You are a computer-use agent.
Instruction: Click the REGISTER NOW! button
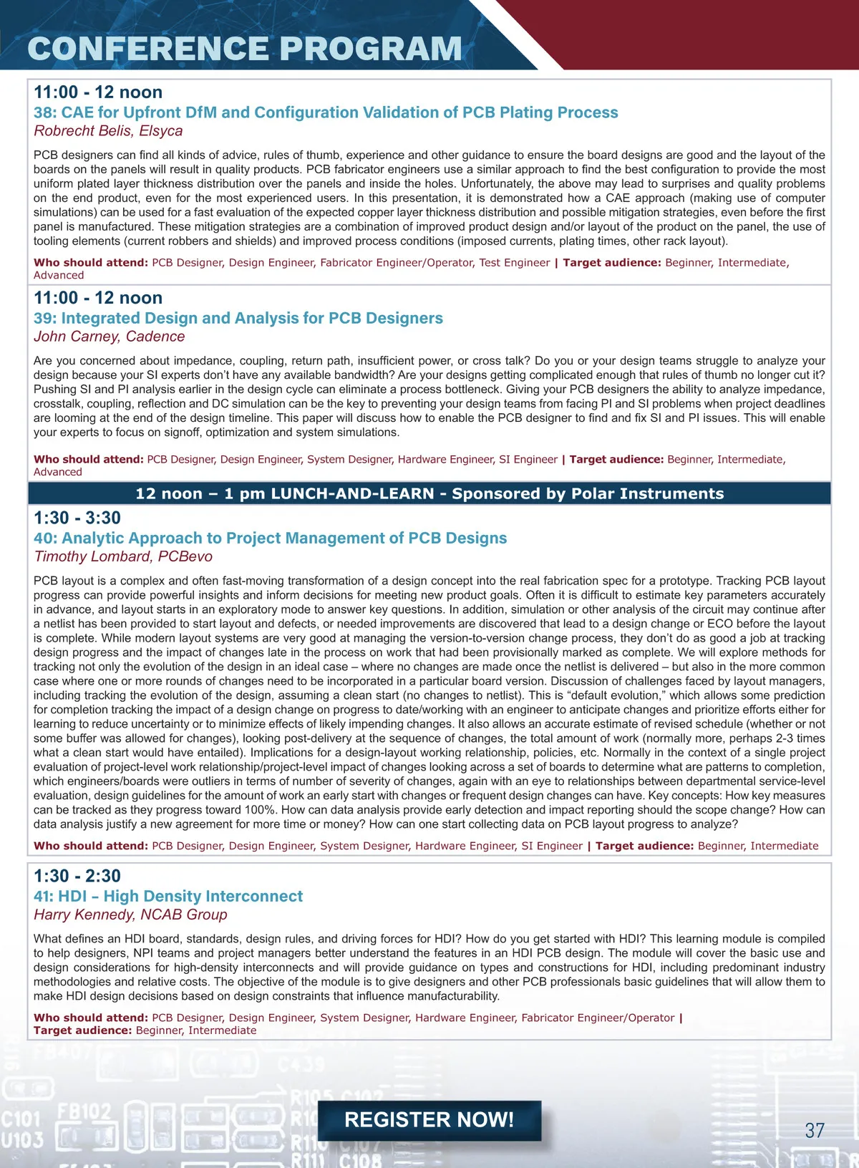coord(429,1120)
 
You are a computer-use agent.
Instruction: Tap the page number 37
coord(815,1130)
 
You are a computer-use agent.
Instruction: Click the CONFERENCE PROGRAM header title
coord(244,49)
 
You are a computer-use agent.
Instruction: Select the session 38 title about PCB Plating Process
coord(326,112)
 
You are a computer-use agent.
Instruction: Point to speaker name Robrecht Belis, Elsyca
coord(108,131)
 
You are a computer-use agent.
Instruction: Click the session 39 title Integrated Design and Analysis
coord(238,318)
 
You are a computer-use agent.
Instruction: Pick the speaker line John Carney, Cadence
coord(109,337)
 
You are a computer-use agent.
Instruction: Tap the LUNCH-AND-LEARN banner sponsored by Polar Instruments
coord(429,493)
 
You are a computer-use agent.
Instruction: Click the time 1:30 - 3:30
coord(77,518)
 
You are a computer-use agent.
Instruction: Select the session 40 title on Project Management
coord(270,538)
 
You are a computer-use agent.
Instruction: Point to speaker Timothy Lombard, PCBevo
coord(123,556)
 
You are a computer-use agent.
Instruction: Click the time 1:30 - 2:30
coord(77,876)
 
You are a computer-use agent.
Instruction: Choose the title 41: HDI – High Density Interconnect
coord(168,896)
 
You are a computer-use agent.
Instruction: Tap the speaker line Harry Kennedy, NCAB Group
coord(130,914)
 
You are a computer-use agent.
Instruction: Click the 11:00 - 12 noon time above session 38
coord(98,92)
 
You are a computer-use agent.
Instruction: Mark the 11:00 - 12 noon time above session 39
coord(98,298)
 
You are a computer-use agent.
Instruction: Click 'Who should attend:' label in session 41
coord(91,1018)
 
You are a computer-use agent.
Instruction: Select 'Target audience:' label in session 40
coord(644,846)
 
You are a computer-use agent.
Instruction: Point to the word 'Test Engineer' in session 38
coord(515,263)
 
